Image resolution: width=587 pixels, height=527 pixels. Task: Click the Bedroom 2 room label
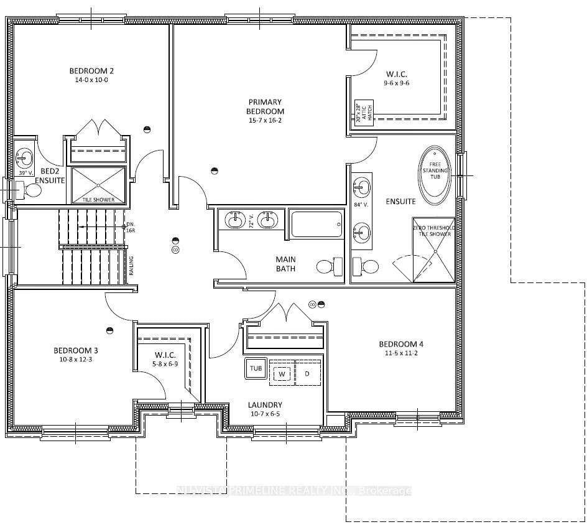91,70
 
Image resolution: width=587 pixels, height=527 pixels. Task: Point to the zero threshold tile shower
434,248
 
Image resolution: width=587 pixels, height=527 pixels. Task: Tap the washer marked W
280,373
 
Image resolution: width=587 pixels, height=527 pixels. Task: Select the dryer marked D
307,373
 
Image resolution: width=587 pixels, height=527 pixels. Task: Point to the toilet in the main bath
329,267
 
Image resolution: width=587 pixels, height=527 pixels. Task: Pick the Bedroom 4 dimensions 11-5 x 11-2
401,354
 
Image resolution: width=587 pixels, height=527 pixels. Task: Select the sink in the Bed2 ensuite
25,156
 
